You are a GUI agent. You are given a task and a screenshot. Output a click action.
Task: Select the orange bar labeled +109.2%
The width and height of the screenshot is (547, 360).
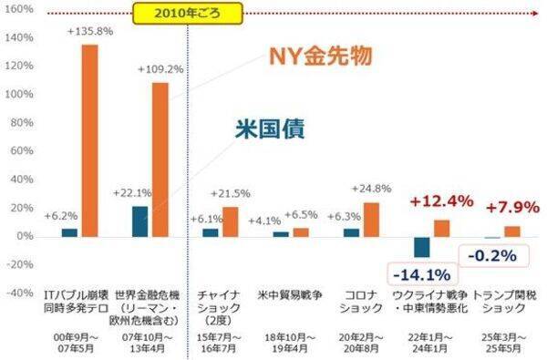[x=160, y=159]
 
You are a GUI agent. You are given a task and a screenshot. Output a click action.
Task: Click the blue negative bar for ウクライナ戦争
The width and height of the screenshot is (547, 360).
[x=421, y=247]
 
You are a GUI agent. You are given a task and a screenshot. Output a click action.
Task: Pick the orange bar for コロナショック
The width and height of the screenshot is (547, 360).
[x=371, y=219]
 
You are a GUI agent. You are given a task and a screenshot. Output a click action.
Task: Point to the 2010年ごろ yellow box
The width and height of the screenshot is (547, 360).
[x=188, y=14]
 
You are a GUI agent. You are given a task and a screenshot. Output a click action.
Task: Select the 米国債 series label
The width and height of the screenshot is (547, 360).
[x=325, y=129]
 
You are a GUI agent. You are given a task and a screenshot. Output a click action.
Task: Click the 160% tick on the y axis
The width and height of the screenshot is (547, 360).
[x=19, y=10]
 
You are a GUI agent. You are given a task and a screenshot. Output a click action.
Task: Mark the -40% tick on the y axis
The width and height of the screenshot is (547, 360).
[x=19, y=293]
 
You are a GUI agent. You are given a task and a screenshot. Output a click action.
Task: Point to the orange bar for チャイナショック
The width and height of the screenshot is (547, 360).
[x=230, y=221]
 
